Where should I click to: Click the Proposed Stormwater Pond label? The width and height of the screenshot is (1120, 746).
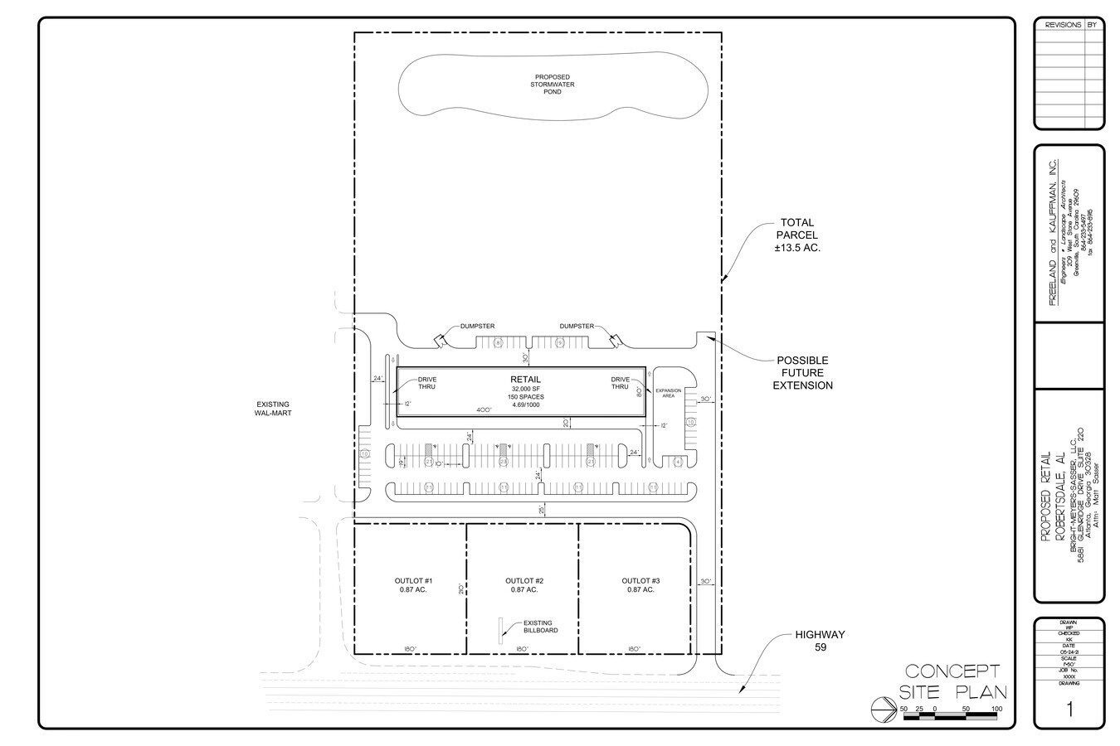(553, 85)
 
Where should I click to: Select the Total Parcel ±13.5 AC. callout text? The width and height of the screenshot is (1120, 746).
(796, 235)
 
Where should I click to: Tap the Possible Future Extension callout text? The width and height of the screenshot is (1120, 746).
(802, 373)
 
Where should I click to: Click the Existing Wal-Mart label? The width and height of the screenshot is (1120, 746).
(273, 409)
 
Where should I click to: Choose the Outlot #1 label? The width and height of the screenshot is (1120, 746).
(413, 585)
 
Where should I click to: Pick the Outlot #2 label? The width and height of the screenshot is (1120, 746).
(524, 585)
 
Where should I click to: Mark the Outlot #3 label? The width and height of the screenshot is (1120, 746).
(640, 585)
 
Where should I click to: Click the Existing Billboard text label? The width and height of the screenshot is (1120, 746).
(540, 627)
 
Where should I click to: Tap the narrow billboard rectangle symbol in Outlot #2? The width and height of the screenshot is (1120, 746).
(500, 630)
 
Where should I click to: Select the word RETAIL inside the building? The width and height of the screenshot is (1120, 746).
(526, 380)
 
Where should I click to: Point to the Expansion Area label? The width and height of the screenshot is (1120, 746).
(668, 393)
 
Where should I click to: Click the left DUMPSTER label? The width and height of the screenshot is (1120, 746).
(478, 326)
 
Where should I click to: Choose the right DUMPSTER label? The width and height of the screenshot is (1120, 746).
(577, 326)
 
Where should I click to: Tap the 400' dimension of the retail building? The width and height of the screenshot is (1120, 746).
(484, 410)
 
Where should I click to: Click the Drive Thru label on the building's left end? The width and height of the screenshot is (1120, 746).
(426, 383)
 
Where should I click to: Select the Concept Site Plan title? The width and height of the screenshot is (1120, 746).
(953, 681)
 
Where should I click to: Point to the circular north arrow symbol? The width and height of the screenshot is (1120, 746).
(883, 709)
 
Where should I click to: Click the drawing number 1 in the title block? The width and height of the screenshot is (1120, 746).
(1069, 710)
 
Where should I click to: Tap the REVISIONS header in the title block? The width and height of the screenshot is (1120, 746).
(1063, 26)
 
